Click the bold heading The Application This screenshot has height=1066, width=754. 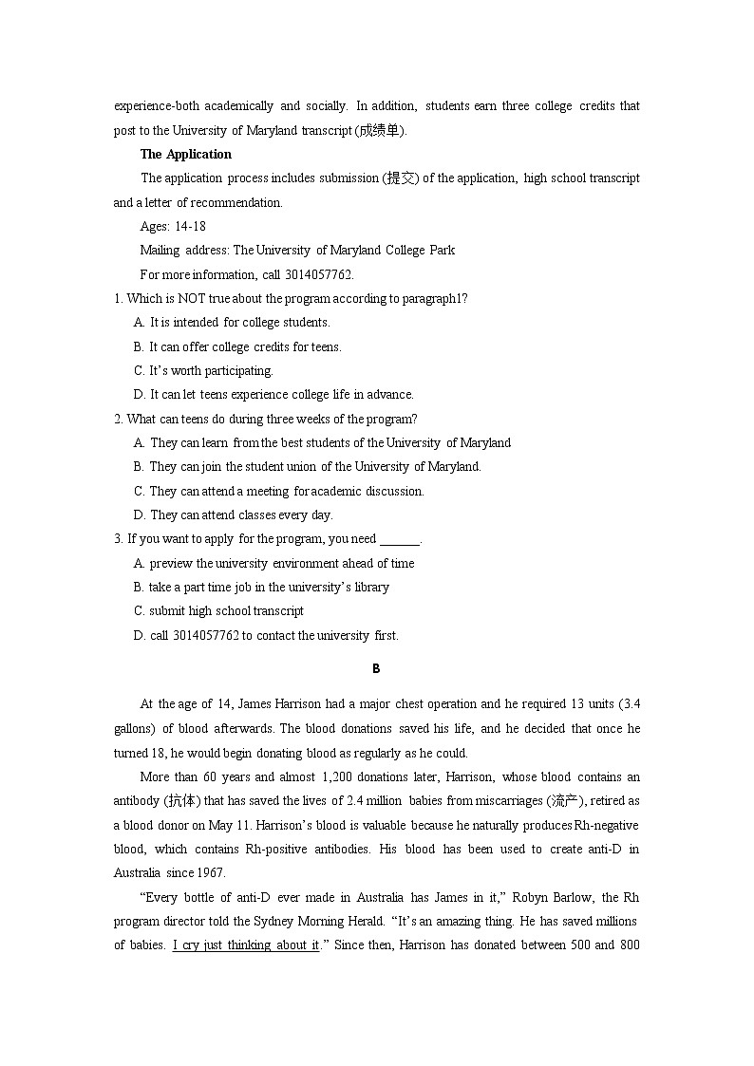pyautogui.click(x=186, y=154)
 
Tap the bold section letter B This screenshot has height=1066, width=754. pyautogui.click(x=376, y=669)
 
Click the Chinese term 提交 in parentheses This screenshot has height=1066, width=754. pyautogui.click(x=399, y=178)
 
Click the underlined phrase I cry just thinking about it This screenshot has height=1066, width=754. pyautogui.click(x=246, y=944)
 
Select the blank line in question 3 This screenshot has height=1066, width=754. pyautogui.click(x=399, y=539)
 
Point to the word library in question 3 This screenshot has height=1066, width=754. pyautogui.click(x=371, y=587)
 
